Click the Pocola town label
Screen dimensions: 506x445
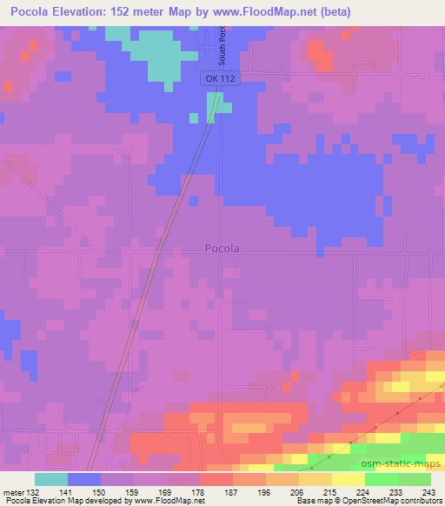click(222, 248)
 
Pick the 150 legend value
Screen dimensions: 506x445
click(101, 491)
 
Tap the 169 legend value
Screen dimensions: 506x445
click(166, 491)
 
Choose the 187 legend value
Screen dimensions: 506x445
click(232, 491)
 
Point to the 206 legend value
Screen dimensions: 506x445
click(298, 491)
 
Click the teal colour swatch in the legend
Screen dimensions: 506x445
click(51, 479)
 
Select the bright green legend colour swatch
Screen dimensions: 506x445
click(381, 479)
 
